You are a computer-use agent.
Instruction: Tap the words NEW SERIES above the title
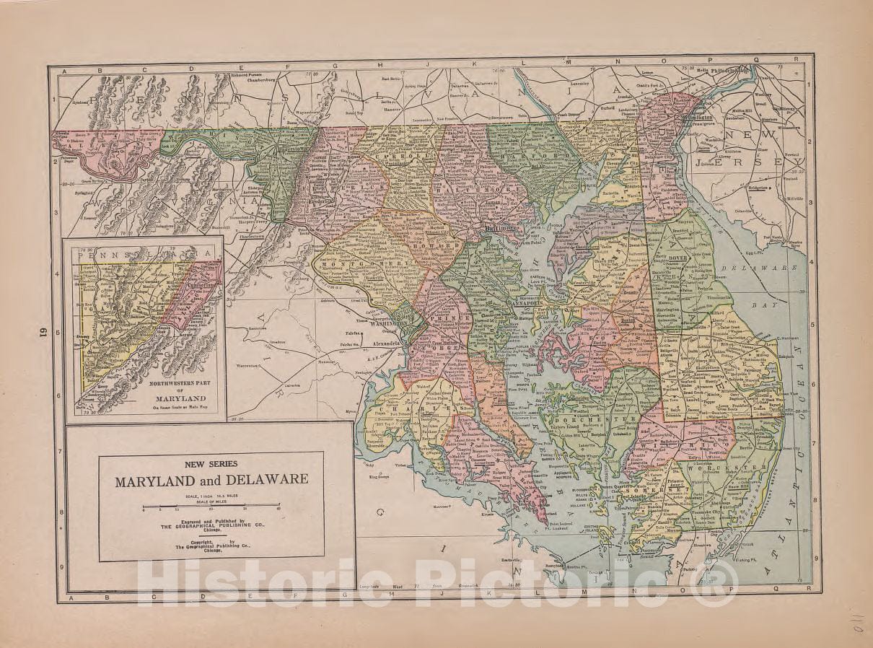211,463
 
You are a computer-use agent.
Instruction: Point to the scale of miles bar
211,505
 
